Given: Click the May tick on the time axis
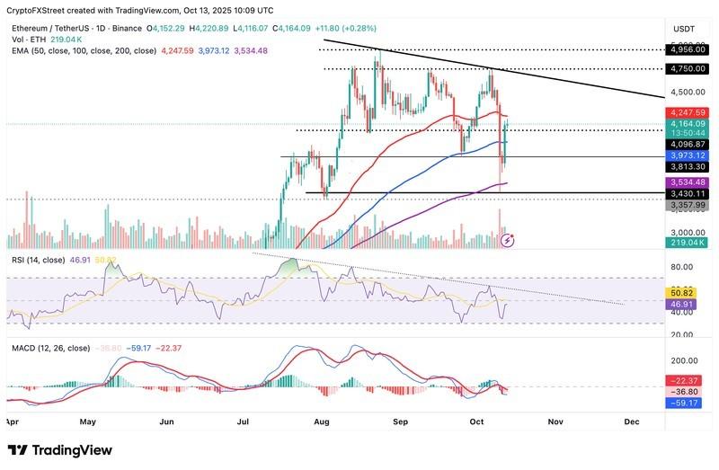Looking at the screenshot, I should [x=87, y=421].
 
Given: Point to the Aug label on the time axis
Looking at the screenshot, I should [x=320, y=421].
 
